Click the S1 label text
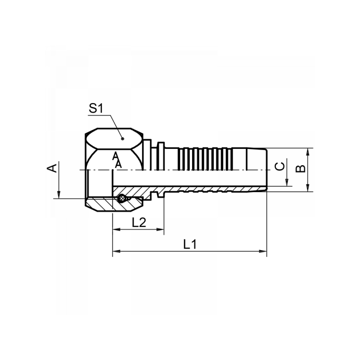click(96, 108)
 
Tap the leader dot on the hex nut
click(122, 139)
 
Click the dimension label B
click(301, 168)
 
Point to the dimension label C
click(280, 166)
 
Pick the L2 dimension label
click(139, 222)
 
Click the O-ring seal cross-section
click(121, 198)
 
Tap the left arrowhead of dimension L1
click(117, 251)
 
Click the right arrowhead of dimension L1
click(263, 251)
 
